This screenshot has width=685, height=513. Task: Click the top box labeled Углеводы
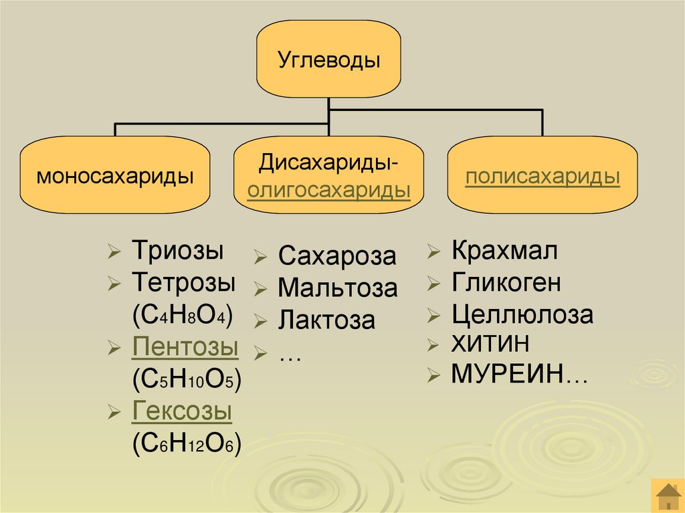coord(328,61)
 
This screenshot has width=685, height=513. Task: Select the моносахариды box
coord(115,177)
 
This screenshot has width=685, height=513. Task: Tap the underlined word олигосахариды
coord(328,190)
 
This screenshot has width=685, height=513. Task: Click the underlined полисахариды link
coord(543,177)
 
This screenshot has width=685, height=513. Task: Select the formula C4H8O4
coord(183,314)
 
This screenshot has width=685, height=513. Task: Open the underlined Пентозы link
coord(185,347)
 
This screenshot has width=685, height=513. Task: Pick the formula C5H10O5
coord(187,379)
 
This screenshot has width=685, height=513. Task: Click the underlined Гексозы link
coord(182,411)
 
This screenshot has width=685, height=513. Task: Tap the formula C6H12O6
coord(187,443)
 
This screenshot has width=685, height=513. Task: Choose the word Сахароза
coord(337,256)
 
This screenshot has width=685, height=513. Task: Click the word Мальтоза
coord(338,288)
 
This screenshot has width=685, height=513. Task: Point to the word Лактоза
coord(326,320)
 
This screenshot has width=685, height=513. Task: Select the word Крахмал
coord(504,251)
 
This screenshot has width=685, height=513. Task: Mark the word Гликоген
coord(506,283)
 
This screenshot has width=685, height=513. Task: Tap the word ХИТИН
coord(490,344)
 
